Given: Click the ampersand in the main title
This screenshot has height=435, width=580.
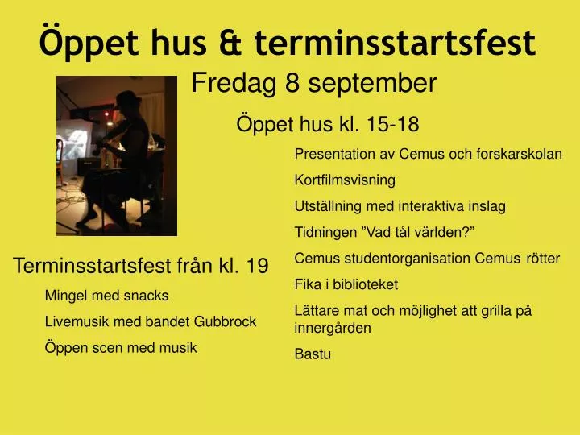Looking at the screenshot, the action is click(230, 43).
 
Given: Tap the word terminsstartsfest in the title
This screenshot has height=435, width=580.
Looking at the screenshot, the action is click(395, 43).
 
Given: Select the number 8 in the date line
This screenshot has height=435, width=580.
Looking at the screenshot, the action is click(292, 83).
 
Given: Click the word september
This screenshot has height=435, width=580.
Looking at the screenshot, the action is click(372, 84).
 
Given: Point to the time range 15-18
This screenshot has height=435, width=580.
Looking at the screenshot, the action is click(393, 124).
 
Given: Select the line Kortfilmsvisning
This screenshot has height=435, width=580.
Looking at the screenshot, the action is click(345, 180).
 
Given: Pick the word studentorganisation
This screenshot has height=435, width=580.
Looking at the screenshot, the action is click(408, 259).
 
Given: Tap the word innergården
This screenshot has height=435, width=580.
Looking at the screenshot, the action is click(333, 329).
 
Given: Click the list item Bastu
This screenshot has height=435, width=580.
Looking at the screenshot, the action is click(313, 354).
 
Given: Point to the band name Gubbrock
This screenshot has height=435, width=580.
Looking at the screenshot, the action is click(225, 321).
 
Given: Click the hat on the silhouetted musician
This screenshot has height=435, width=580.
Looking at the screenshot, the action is click(127, 98).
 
